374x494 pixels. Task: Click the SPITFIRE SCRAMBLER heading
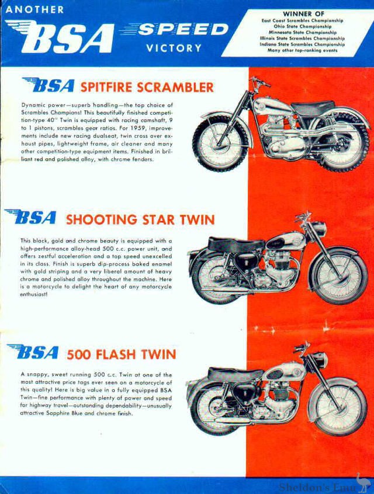tap(147, 88)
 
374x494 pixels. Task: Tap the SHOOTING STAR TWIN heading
tap(140, 220)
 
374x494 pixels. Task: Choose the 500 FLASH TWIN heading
tap(121, 354)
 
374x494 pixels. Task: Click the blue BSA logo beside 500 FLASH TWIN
tap(34, 353)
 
